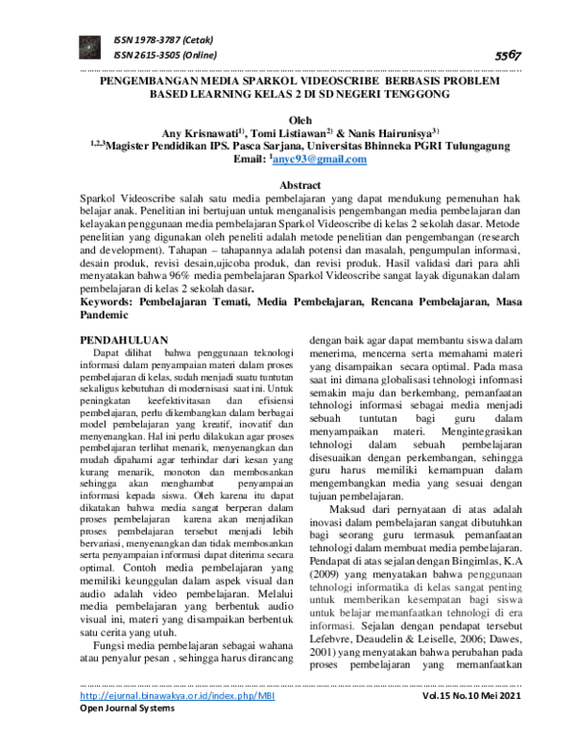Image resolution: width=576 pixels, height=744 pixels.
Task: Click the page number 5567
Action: [506, 56]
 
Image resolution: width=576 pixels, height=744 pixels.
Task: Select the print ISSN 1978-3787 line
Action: [162, 40]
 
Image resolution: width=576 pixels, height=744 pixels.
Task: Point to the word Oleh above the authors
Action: [288, 119]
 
